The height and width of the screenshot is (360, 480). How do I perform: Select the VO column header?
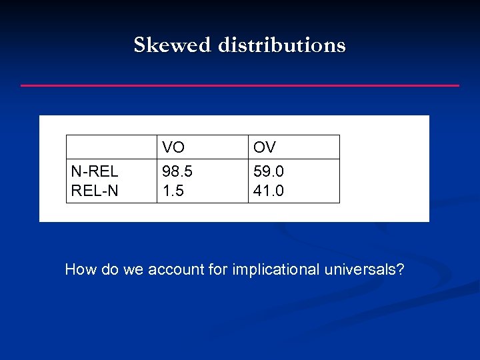173,147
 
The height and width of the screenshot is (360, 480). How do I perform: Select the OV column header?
265,147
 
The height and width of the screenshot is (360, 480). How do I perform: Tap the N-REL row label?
95,172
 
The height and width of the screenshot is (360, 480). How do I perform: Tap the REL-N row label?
95,191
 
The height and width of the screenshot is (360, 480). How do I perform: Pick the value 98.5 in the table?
177,172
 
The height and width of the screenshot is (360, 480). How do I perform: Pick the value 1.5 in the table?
173,191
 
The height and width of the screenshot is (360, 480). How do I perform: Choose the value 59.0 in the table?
269,172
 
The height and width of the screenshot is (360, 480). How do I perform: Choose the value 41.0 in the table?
269,191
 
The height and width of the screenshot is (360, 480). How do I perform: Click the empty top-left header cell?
111,147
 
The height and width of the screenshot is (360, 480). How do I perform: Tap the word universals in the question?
361,270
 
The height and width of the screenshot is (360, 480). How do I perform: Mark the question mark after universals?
400,270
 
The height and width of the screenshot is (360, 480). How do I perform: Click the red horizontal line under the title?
240,85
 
